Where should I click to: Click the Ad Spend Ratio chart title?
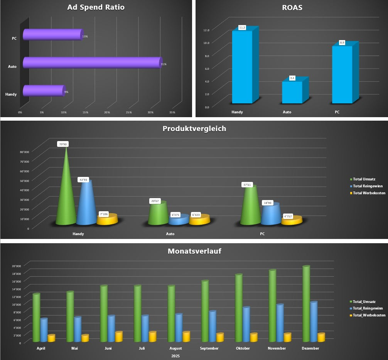coord(96,7)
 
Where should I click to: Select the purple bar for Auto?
coord(92,62)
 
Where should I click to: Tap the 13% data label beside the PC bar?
coord(85,36)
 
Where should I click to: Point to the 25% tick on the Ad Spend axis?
coord(129,112)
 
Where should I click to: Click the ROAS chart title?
coord(292,7)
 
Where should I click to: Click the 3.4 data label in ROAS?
coord(292,78)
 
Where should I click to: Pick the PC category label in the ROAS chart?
coord(337,112)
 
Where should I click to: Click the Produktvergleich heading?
coord(194,129)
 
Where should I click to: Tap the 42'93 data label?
coord(84,180)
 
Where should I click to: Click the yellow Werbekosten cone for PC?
coord(291,220)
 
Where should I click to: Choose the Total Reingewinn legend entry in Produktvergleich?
coord(367,186)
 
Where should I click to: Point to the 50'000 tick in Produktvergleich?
coord(24,180)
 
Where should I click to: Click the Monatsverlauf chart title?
coord(194,251)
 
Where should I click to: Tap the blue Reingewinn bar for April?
coord(44,330)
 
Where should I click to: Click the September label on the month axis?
coord(209,348)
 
